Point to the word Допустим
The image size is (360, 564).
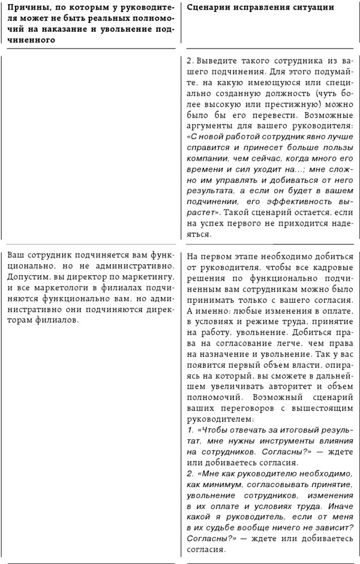coord(29,280)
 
